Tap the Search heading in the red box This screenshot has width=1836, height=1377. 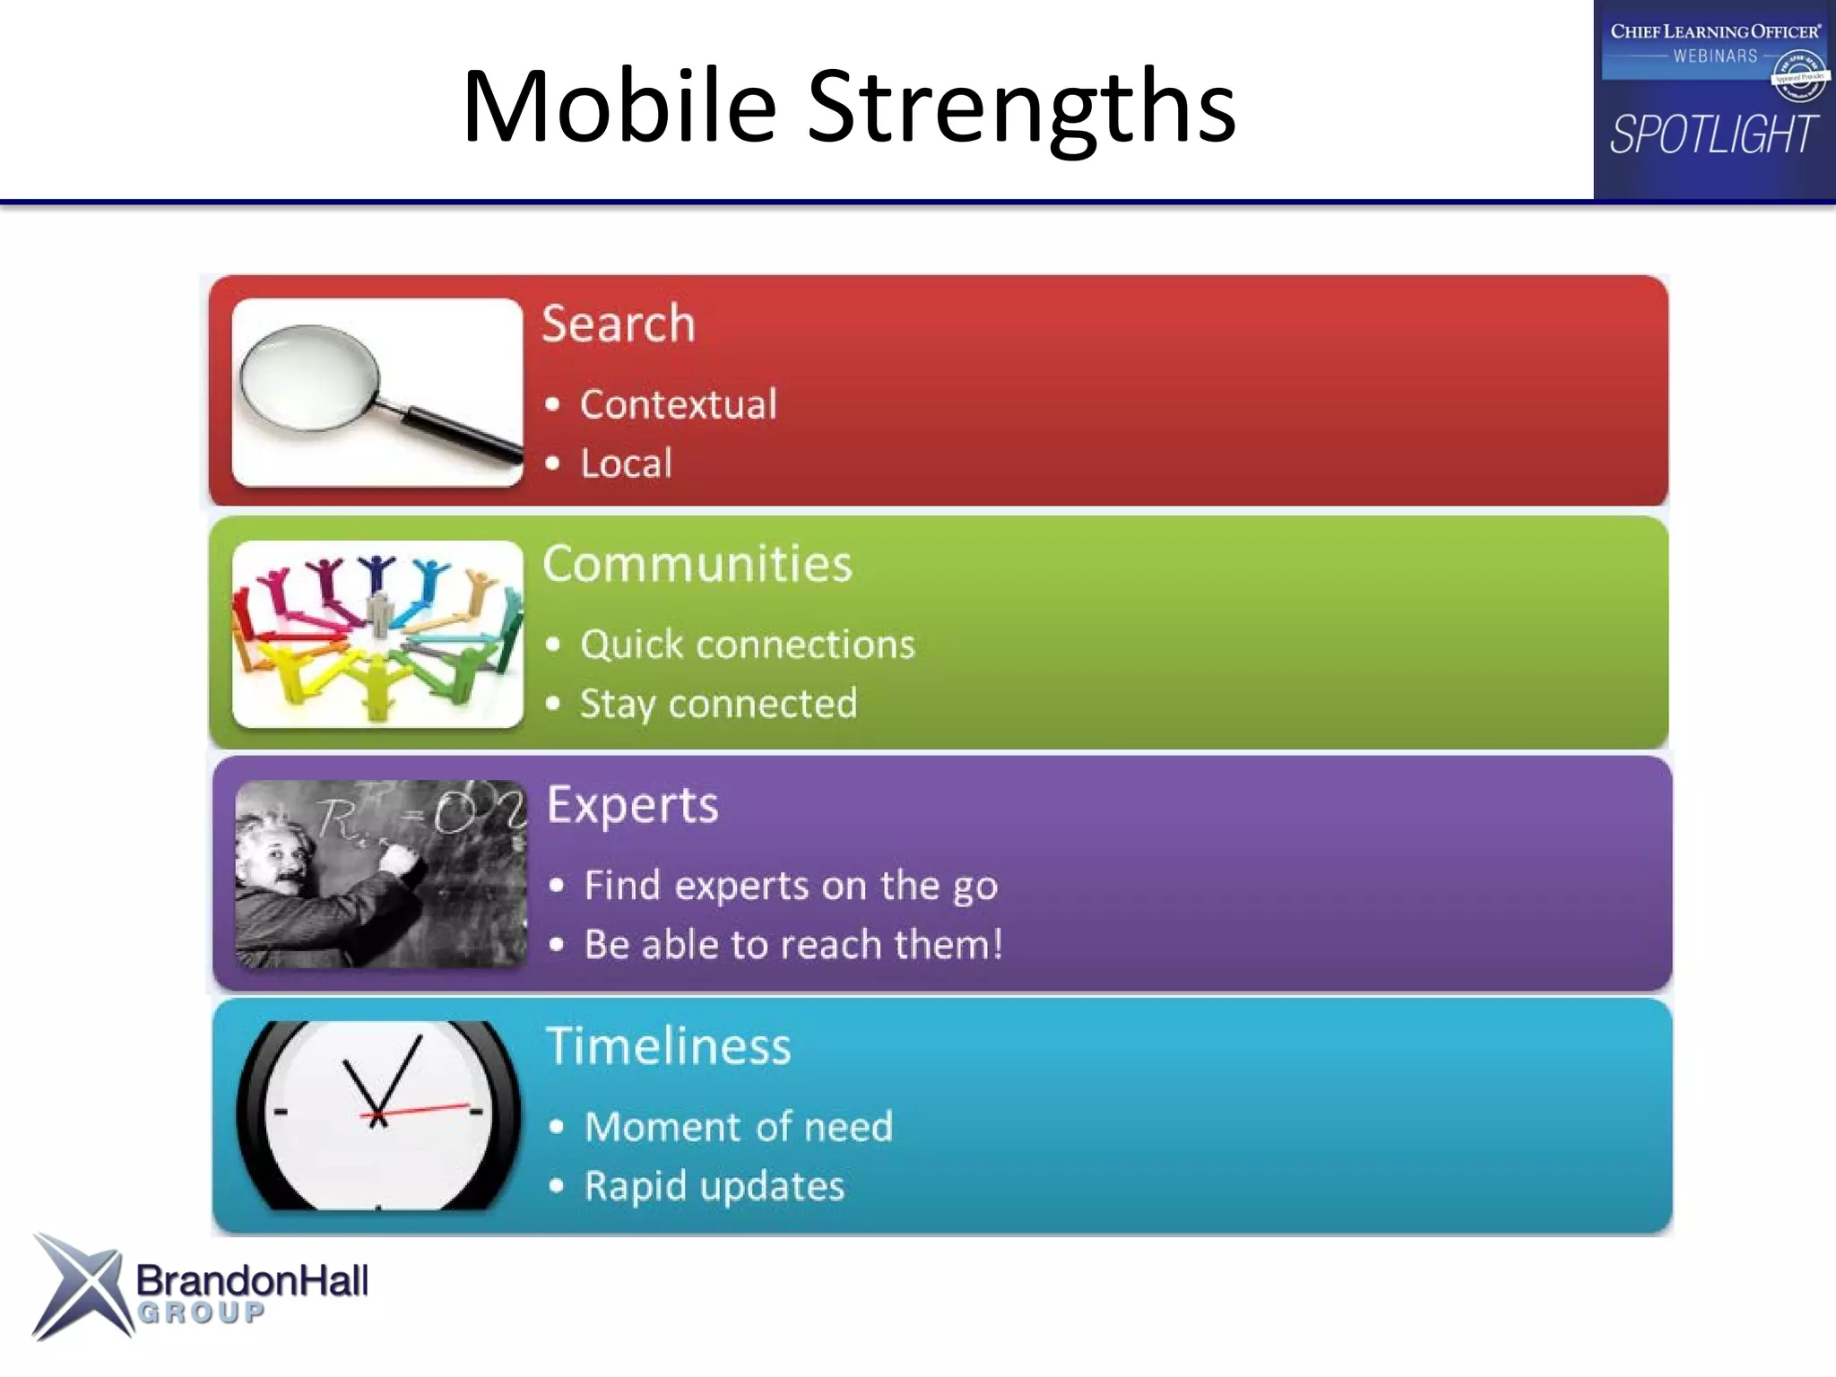[x=619, y=324]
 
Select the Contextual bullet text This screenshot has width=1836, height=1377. [x=678, y=404]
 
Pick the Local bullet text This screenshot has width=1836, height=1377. [x=626, y=463]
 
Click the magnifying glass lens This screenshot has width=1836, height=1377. [x=309, y=377]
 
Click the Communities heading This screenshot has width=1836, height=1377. [x=697, y=564]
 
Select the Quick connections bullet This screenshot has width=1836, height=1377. [x=747, y=645]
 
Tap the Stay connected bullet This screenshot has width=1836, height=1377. [x=718, y=704]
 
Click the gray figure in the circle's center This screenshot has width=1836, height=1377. [x=380, y=613]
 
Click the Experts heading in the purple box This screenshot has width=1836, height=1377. [x=632, y=805]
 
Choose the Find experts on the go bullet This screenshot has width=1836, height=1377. [x=791, y=886]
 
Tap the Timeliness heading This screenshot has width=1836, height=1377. [x=668, y=1046]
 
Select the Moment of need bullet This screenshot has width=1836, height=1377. [x=739, y=1127]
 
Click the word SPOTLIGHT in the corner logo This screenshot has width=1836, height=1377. [x=1713, y=135]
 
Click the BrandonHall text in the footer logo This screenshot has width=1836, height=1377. [x=252, y=1280]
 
